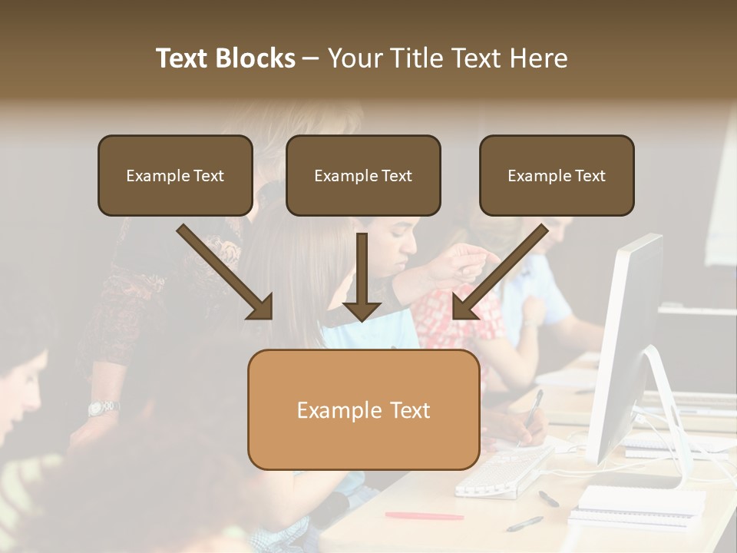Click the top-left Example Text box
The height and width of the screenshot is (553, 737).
[x=175, y=175]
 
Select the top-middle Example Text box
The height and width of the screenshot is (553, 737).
[x=363, y=175]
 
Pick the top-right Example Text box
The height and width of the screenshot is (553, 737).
[x=557, y=175]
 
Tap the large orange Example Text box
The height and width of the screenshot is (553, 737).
[x=363, y=409]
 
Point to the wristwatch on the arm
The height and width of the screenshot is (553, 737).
[x=102, y=407]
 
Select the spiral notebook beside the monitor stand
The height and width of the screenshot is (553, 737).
[x=641, y=503]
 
